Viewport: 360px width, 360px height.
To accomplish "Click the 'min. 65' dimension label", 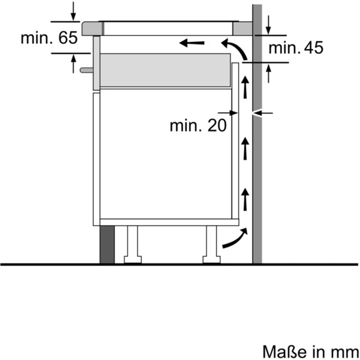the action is pyautogui.click(x=49, y=38).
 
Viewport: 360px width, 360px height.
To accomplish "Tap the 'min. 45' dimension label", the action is pyautogui.click(x=296, y=48).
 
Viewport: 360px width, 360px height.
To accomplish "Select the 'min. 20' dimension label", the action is pyautogui.click(x=198, y=125).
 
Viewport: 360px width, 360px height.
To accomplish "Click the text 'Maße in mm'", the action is pyautogui.click(x=311, y=351).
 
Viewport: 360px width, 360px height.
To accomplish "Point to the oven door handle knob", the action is pyautogui.click(x=86, y=70).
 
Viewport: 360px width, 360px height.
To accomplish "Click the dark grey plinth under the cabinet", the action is pyautogui.click(x=107, y=245).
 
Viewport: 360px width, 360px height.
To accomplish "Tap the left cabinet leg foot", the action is pyautogui.click(x=133, y=259).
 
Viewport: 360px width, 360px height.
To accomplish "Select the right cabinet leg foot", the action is pyautogui.click(x=211, y=259).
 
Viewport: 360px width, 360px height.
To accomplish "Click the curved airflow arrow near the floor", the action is pyautogui.click(x=236, y=239).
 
